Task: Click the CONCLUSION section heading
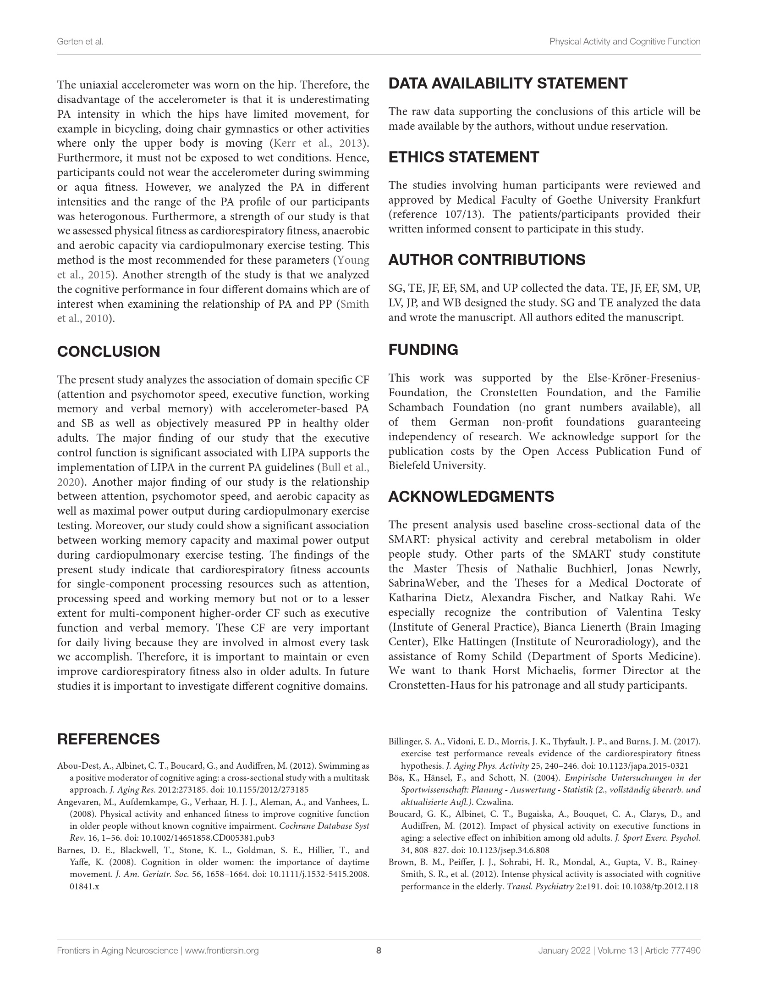[109, 352]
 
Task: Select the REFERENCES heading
[108, 739]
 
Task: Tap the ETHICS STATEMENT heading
[464, 157]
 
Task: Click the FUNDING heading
[423, 350]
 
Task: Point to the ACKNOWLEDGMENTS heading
[471, 497]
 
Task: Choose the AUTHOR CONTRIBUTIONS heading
[487, 260]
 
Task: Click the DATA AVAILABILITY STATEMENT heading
[508, 83]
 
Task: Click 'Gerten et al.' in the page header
[80, 42]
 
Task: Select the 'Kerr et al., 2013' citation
[318, 144]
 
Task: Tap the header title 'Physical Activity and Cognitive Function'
[625, 42]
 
